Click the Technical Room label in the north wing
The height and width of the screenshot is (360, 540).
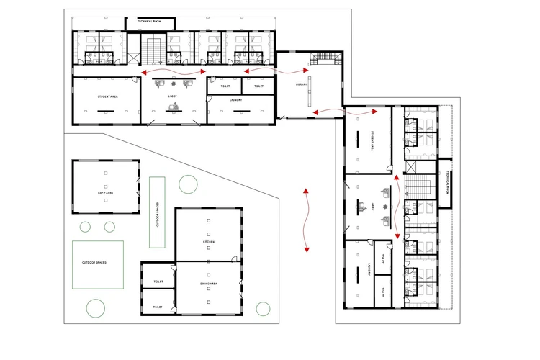coord(149,22)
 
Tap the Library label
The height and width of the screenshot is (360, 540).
coord(301,84)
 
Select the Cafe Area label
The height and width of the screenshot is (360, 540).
coord(106,193)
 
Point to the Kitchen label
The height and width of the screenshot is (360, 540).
coord(209,241)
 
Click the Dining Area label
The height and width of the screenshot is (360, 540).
coord(209,284)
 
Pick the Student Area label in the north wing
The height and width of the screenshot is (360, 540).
coord(107,96)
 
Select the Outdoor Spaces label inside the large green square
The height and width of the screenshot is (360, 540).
coord(94,262)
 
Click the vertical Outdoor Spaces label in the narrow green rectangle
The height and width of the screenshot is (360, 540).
coord(157,212)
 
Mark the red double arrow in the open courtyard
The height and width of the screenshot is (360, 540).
coord(307,220)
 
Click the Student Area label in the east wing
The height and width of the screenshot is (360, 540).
coord(372,140)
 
